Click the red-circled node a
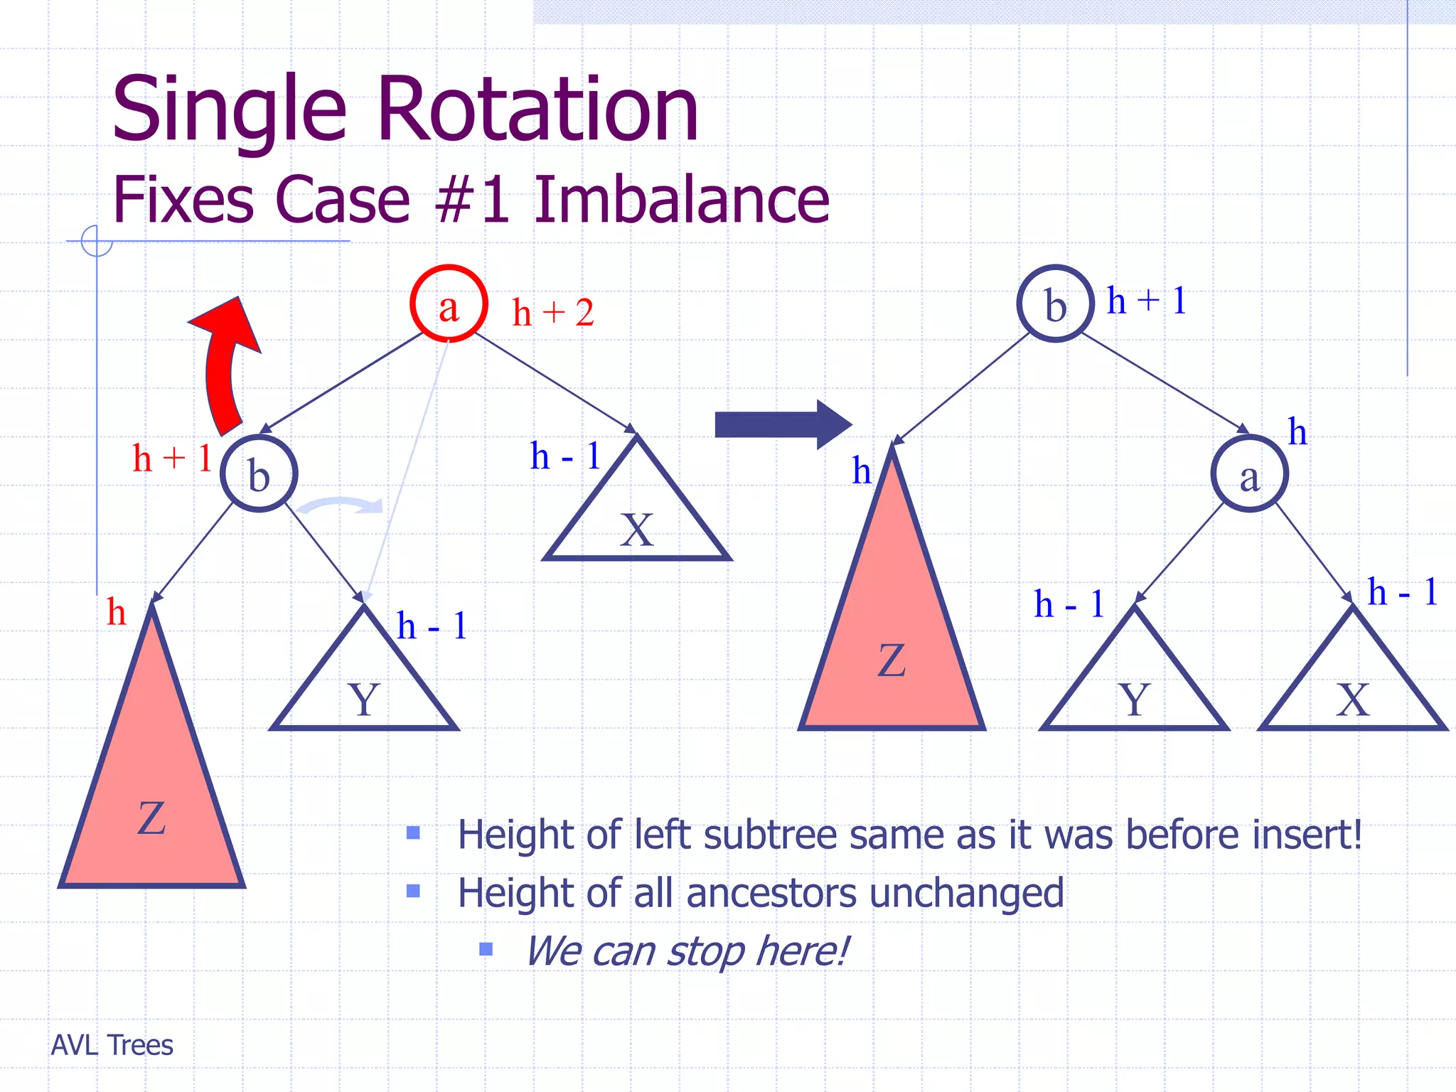(449, 304)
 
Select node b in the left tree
(259, 473)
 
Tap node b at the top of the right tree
(1055, 304)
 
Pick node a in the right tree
(1249, 473)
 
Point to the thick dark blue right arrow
(782, 424)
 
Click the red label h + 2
(553, 313)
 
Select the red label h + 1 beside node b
(172, 458)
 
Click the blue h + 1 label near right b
(1147, 300)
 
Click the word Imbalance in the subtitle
(681, 200)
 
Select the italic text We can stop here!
(687, 951)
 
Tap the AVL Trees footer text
(112, 1045)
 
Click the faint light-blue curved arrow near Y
(340, 505)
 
